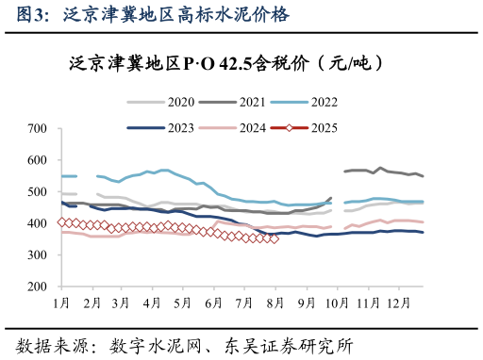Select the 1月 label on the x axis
point(62,302)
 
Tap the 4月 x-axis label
point(153,302)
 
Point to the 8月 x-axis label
point(275,302)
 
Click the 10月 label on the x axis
point(336,302)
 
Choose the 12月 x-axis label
point(397,302)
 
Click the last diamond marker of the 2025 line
point(275,238)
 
